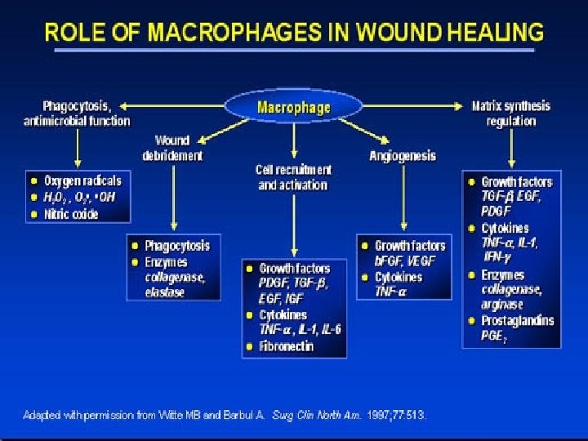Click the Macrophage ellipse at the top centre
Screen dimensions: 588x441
pos(294,107)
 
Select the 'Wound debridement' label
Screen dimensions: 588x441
pos(172,148)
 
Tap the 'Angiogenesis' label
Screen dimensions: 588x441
pos(403,155)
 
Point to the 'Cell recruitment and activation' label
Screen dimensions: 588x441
pos(294,177)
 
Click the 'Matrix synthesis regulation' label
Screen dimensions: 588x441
pos(511,114)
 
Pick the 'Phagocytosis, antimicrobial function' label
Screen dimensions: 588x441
pos(77,114)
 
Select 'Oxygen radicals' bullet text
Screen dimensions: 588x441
pos(82,181)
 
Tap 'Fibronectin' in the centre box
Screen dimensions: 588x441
pos(286,346)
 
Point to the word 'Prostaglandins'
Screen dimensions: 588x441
pos(517,319)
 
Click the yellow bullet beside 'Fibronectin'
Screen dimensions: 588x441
pos(248,346)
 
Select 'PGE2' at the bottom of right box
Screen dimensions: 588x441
pos(494,335)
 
